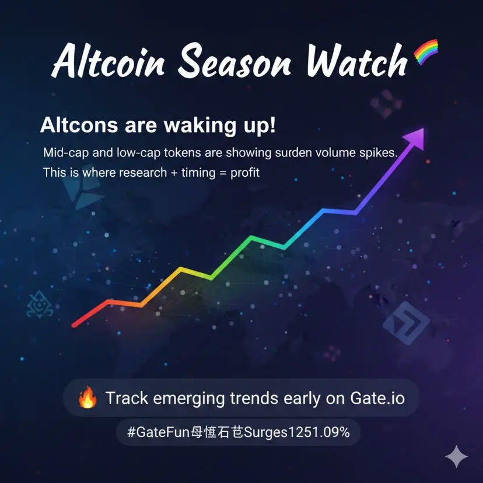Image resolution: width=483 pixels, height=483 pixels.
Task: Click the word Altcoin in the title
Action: coord(108,61)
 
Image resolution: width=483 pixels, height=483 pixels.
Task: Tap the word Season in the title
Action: coord(235,61)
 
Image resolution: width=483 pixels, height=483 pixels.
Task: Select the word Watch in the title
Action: coord(356,60)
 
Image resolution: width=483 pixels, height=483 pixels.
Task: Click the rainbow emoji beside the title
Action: coord(426,51)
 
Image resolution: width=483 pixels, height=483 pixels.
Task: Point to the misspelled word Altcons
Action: coord(79,125)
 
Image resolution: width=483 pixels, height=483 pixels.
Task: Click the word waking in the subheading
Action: coord(200,125)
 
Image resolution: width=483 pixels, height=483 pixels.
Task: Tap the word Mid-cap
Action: coord(66,153)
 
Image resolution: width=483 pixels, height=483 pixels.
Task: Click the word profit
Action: coord(245,173)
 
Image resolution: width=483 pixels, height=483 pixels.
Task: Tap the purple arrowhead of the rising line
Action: coord(415,138)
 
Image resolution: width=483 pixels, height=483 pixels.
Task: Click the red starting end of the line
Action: coord(74,325)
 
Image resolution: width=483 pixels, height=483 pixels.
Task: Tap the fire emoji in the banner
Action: coord(87,397)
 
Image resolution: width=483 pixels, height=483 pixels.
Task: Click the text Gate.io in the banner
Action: coord(377,398)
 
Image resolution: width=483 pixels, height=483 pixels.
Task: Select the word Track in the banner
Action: coord(127,398)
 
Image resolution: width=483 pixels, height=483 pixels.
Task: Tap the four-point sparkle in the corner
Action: coord(457,456)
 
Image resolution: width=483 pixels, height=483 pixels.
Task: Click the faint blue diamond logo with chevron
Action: coord(407,323)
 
